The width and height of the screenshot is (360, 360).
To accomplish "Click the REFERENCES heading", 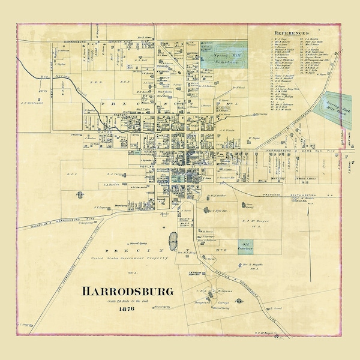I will (x=292, y=32).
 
